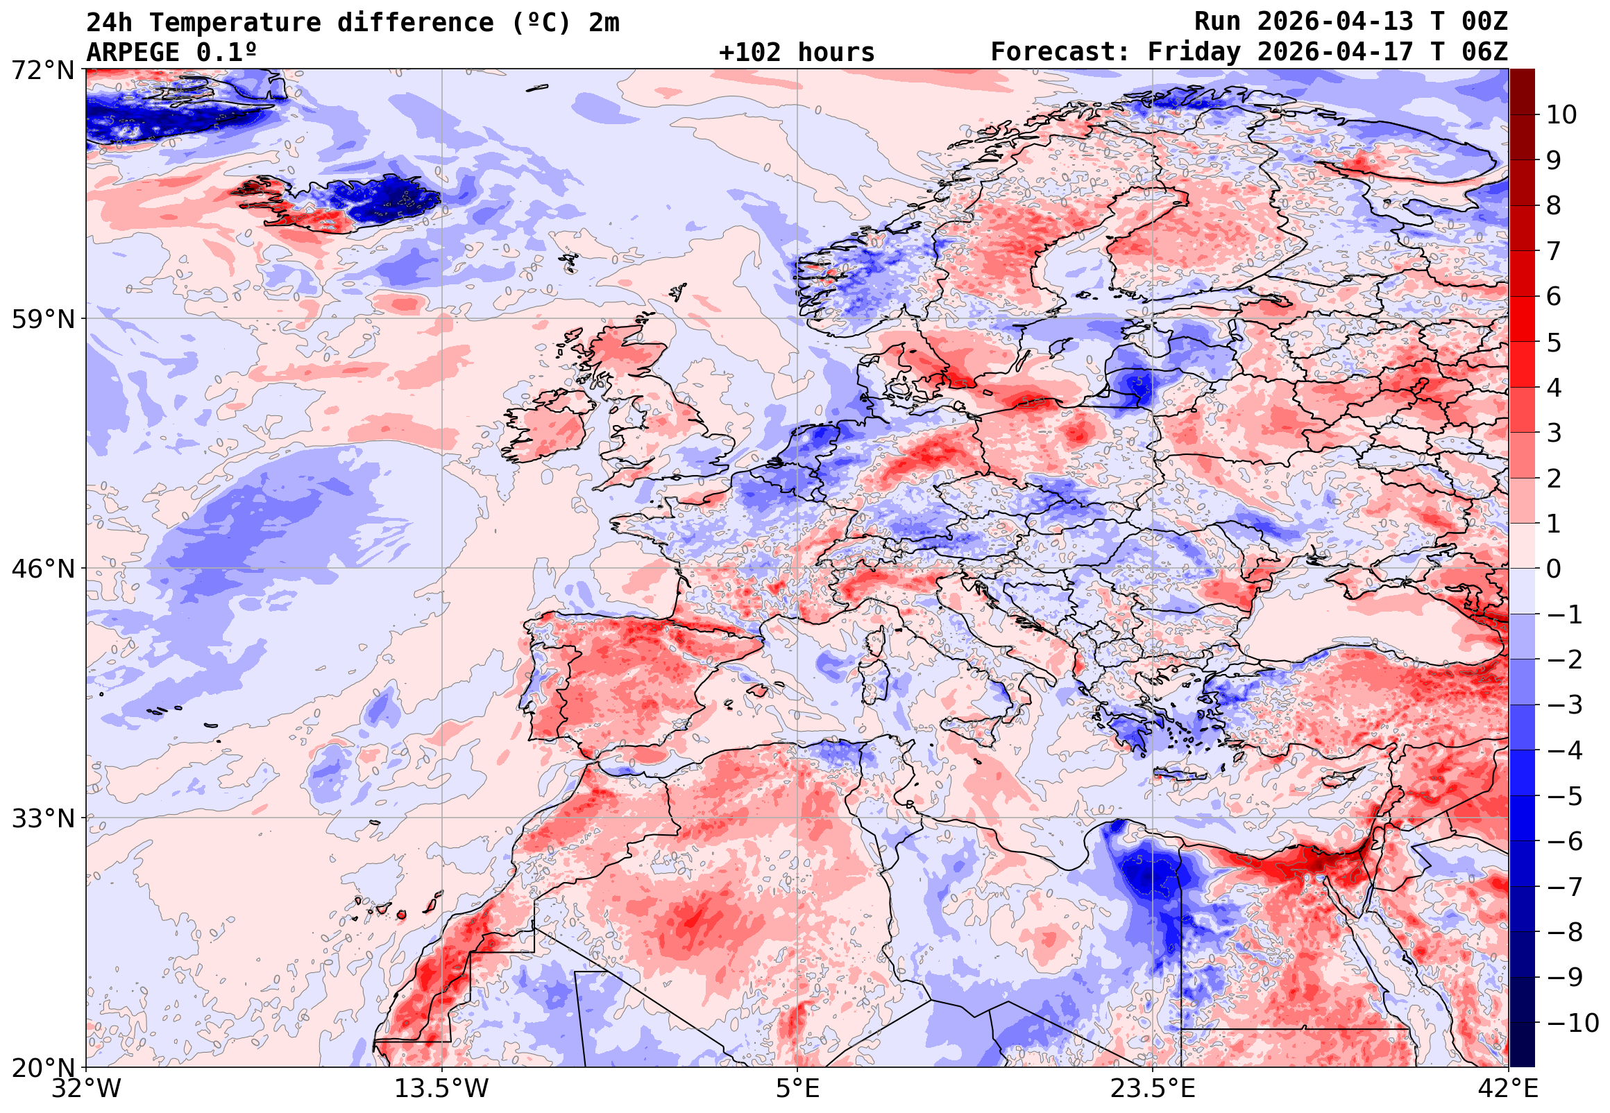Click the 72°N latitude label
42,71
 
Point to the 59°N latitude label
42,320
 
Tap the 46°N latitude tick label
42,569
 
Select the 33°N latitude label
42,818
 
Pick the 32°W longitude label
86,1089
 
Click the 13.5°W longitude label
442,1089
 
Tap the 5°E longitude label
797,1089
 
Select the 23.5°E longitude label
1152,1089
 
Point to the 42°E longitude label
1508,1089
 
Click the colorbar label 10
1561,115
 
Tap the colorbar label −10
1573,1023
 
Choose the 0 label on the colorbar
1554,569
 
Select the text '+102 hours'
796,52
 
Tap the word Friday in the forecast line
1194,52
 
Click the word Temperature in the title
235,22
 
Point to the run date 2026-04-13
1334,21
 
